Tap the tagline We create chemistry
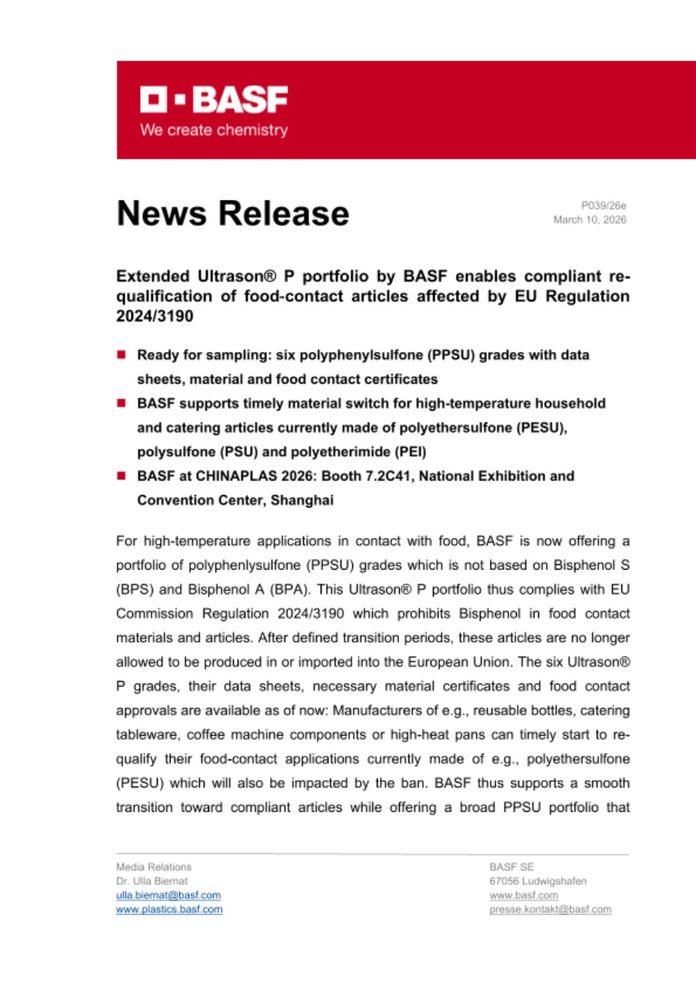[214, 130]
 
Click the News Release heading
[232, 213]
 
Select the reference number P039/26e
[604, 205]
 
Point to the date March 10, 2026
[590, 220]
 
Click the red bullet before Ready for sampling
[122, 355]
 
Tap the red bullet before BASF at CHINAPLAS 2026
[122, 477]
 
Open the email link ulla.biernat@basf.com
[168, 895]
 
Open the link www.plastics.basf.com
[169, 909]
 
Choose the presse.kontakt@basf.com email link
[551, 909]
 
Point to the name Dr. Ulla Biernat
[152, 881]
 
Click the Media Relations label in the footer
[153, 866]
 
